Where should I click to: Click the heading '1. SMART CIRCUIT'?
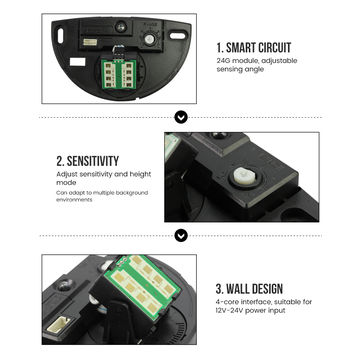[254, 48]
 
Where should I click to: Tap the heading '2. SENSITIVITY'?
[88, 161]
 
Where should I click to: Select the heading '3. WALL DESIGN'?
[249, 289]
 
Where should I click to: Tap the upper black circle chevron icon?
[181, 117]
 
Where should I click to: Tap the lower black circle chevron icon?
[181, 236]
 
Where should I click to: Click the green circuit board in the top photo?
[119, 74]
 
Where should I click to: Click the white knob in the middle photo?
[242, 175]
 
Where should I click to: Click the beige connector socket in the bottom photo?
[58, 324]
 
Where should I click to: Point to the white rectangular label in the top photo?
[78, 62]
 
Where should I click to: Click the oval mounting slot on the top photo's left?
[60, 36]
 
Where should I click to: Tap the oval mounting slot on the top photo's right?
[178, 36]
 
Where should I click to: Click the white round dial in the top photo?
[150, 39]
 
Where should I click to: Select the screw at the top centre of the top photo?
[121, 26]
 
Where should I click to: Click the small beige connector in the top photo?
[90, 42]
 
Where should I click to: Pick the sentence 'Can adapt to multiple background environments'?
[102, 196]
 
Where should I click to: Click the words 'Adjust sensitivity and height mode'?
[104, 178]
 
